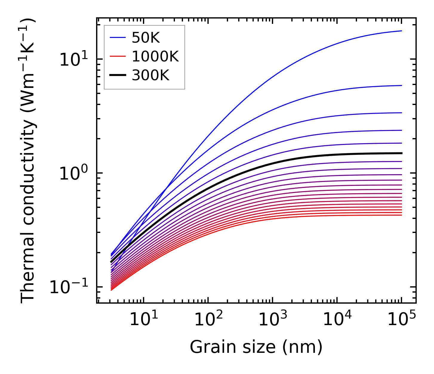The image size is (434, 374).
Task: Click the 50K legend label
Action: pyautogui.click(x=146, y=38)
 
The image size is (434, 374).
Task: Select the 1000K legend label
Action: pyautogui.click(x=155, y=57)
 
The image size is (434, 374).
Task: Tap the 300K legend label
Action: pyautogui.click(x=150, y=75)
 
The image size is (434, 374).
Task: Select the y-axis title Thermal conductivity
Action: pyautogui.click(x=28, y=161)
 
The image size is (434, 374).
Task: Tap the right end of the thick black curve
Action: pyautogui.click(x=401, y=153)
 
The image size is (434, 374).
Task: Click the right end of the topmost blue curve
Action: pyautogui.click(x=401, y=31)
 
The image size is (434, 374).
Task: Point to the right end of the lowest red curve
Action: pyautogui.click(x=401, y=215)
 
